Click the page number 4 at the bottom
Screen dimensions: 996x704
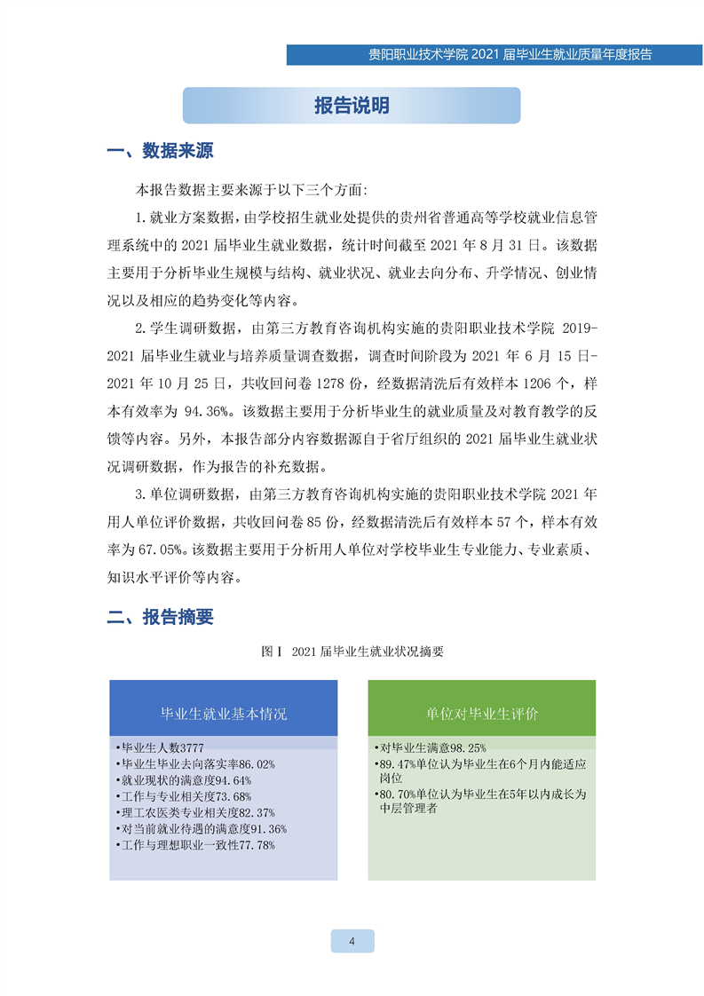click(352, 942)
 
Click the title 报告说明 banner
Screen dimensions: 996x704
click(352, 106)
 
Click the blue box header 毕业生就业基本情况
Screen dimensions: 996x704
click(223, 713)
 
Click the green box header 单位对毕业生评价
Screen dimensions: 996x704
click(482, 713)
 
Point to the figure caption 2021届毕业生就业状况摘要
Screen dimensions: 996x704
click(352, 652)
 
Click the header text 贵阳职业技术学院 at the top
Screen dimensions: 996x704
click(418, 54)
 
